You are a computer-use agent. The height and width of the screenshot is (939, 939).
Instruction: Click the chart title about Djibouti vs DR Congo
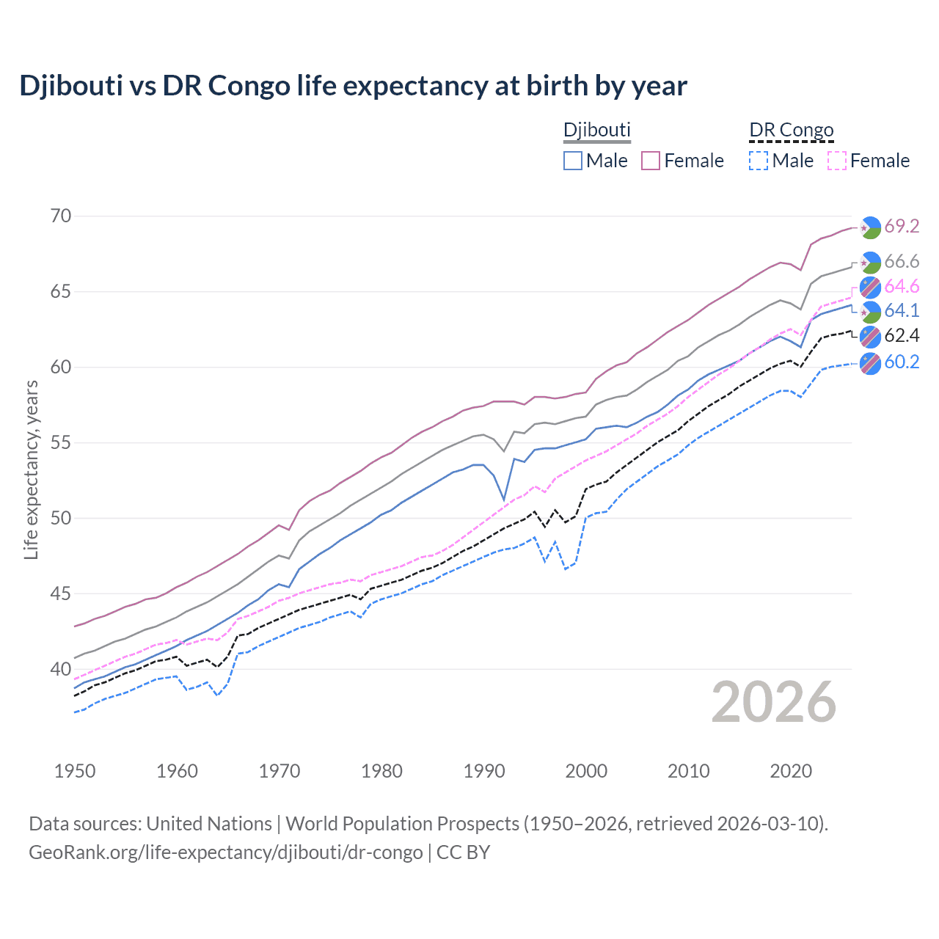pos(353,86)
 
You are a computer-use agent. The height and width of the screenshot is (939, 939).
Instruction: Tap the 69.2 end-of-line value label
pos(902,227)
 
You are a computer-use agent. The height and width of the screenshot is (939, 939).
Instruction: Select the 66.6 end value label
pos(902,262)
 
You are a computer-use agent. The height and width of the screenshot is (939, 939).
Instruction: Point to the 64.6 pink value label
pos(902,286)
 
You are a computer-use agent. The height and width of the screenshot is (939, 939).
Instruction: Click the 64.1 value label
pos(902,311)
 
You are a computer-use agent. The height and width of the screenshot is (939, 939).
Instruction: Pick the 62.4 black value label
pos(902,336)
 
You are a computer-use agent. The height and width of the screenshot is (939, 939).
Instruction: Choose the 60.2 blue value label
pos(902,362)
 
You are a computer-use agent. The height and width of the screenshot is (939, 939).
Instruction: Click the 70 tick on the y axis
pos(62,216)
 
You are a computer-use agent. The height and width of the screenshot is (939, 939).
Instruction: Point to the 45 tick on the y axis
pos(62,593)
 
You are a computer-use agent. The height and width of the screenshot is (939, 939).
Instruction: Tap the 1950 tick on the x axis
pos(75,771)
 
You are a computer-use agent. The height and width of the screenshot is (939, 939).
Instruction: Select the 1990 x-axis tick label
pos(484,771)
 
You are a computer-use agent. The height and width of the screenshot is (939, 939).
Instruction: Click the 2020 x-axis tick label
pos(791,771)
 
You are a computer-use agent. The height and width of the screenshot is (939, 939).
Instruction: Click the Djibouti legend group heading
pos(596,130)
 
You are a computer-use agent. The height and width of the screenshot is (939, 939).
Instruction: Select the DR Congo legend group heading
pos(791,130)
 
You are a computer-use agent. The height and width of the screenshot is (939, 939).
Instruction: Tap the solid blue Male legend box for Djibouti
pos(573,161)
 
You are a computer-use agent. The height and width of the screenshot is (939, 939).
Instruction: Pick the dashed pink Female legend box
pos(837,161)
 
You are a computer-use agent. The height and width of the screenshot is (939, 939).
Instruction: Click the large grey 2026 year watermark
pos(774,703)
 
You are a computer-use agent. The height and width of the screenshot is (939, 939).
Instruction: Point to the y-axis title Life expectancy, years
pos(31,469)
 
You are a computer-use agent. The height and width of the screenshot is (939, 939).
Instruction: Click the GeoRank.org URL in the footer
pos(225,852)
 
